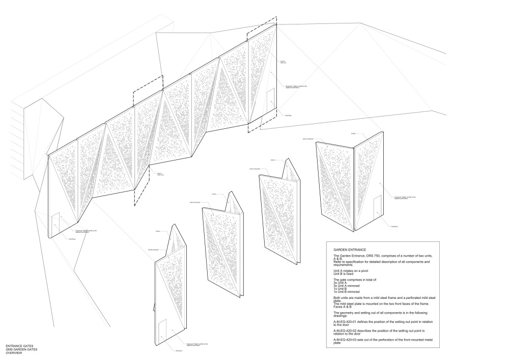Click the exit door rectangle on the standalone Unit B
tap(377, 207)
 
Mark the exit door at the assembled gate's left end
tap(55, 221)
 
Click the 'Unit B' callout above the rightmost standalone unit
tap(353, 133)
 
